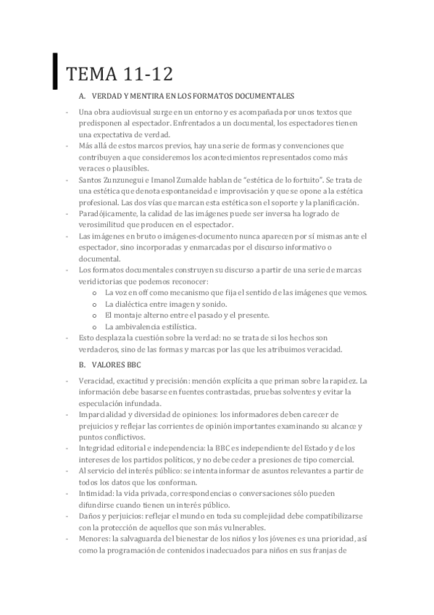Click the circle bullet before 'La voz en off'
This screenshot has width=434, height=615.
pyautogui.click(x=96, y=292)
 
